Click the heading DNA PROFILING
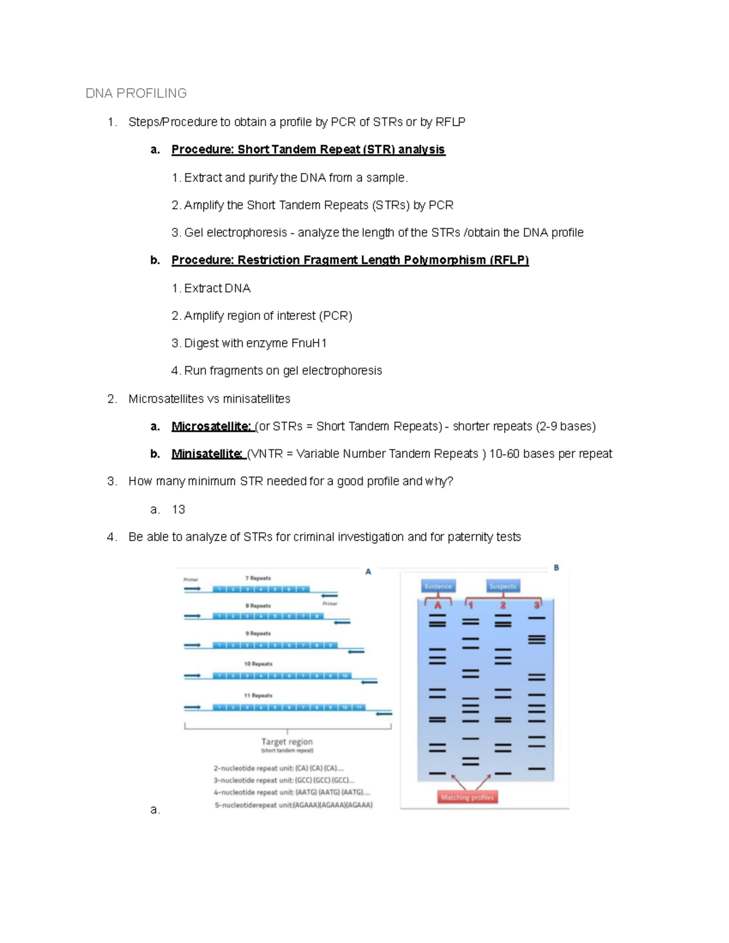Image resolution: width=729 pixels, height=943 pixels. click(x=136, y=94)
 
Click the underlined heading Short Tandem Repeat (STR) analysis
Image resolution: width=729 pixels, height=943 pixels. click(x=308, y=149)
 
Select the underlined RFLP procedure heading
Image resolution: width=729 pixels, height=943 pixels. click(x=350, y=260)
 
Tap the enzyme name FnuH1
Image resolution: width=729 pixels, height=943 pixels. click(x=309, y=343)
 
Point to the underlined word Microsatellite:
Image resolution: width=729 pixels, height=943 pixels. click(x=211, y=426)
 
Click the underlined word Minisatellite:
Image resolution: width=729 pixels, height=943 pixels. click(x=208, y=454)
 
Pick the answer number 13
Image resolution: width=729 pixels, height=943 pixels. click(x=179, y=509)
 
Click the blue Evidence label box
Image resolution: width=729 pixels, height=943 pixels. click(x=438, y=586)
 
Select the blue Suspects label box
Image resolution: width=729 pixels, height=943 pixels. click(x=502, y=586)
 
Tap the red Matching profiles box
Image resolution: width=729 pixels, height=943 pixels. click(x=467, y=797)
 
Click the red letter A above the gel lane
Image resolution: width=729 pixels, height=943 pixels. click(x=437, y=605)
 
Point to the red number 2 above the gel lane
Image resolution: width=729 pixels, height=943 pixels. click(x=503, y=605)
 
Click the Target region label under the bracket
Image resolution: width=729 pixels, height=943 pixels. click(x=287, y=741)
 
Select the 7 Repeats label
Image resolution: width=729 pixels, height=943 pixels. click(x=258, y=578)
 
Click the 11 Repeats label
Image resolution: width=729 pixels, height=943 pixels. click(x=258, y=695)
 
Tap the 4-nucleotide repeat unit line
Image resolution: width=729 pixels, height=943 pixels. click(x=291, y=792)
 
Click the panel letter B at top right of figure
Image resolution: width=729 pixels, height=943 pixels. click(x=556, y=568)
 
